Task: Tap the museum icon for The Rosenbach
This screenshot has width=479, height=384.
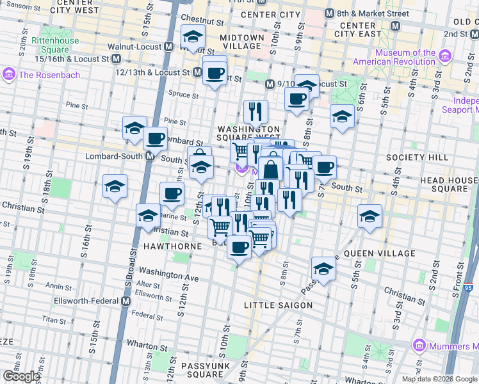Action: [10, 75]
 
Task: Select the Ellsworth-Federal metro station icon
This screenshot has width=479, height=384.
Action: [126, 301]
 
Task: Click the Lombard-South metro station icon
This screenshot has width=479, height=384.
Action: [150, 156]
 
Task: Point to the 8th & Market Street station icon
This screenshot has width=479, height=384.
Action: [330, 13]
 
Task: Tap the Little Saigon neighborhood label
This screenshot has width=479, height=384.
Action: [278, 305]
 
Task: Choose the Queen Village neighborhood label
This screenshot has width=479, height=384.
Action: [379, 253]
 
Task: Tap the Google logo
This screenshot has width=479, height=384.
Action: [21, 376]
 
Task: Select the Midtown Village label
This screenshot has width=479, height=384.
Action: [242, 42]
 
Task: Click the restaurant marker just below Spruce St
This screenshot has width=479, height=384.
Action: [256, 111]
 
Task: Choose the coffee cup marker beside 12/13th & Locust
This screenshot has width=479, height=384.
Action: [215, 72]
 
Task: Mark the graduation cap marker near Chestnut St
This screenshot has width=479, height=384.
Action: [193, 37]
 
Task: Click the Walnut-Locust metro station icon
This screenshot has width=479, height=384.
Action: [168, 47]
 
